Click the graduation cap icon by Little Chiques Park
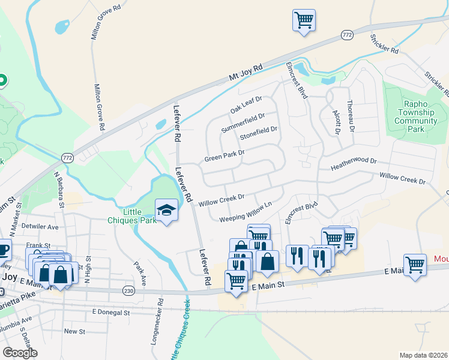coord(166,210)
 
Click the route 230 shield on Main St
coord(128,290)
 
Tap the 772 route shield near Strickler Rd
coord(346,36)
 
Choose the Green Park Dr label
coord(224,156)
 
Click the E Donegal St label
coord(111,313)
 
